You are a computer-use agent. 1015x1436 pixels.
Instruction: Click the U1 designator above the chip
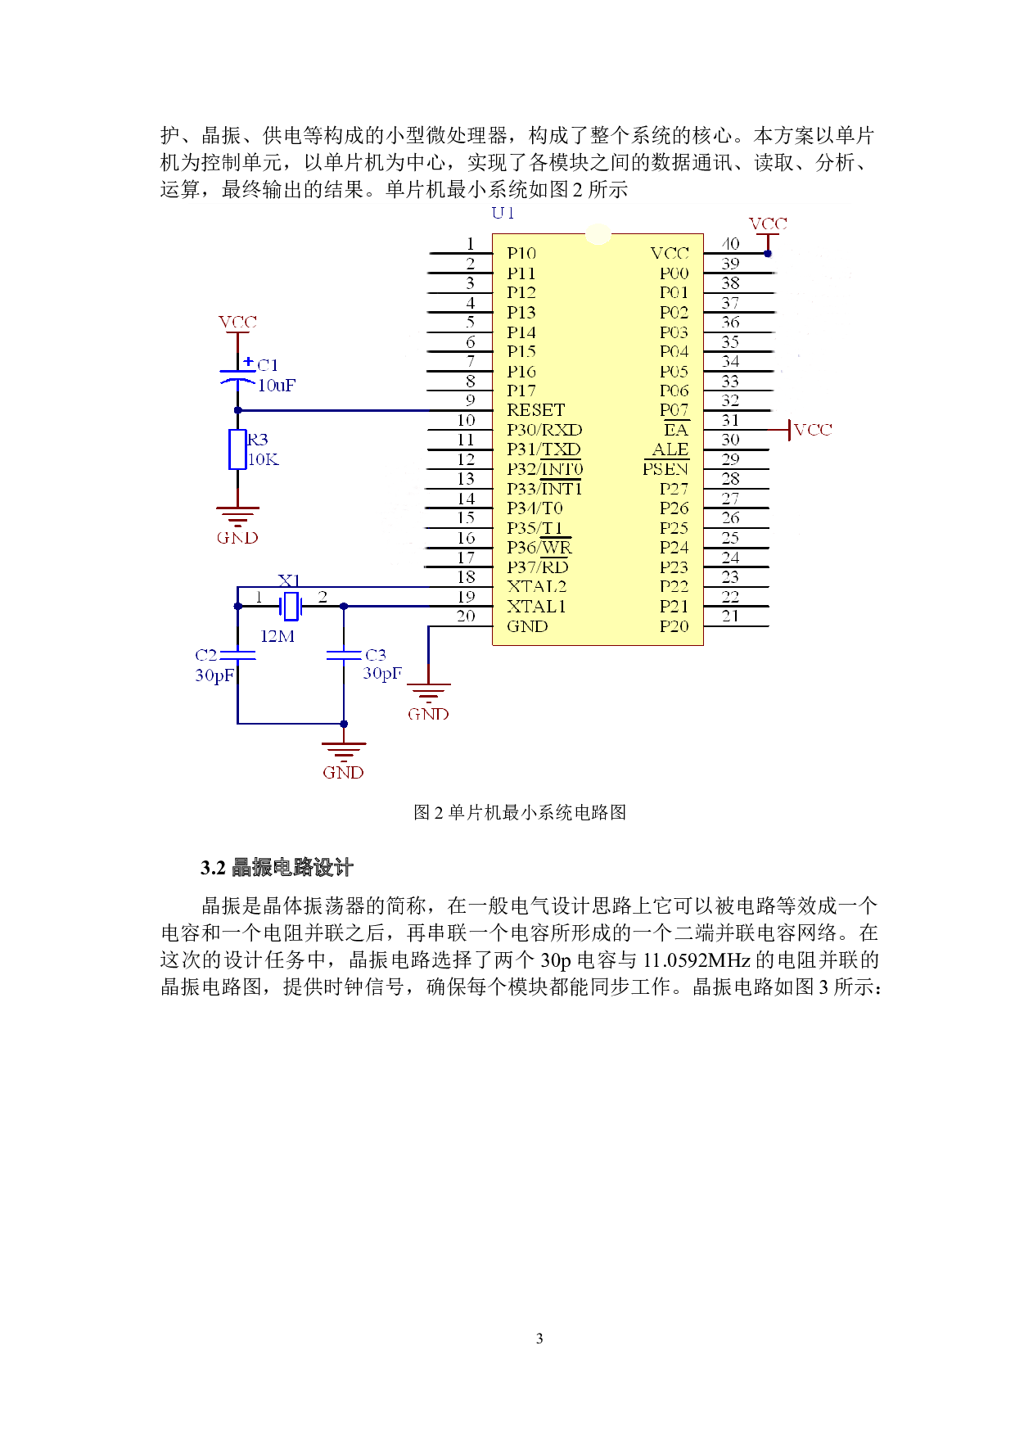pyautogui.click(x=503, y=213)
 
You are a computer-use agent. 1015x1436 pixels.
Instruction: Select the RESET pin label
pyautogui.click(x=535, y=410)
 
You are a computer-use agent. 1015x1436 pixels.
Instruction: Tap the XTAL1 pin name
pyautogui.click(x=536, y=607)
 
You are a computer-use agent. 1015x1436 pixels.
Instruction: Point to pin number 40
pyautogui.click(x=730, y=244)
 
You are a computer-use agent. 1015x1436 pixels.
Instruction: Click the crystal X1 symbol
pyautogui.click(x=290, y=606)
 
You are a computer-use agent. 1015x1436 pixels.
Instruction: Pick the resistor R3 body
pyautogui.click(x=237, y=449)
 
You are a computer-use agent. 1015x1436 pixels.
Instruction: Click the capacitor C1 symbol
pyautogui.click(x=237, y=377)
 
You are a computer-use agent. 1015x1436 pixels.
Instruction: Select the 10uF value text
pyautogui.click(x=277, y=386)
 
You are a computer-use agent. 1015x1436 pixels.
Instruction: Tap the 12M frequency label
pyautogui.click(x=277, y=636)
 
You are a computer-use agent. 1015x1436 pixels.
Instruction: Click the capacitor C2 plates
pyautogui.click(x=237, y=655)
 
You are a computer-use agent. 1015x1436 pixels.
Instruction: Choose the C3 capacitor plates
pyautogui.click(x=344, y=655)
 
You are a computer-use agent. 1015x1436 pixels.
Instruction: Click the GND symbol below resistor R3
pyautogui.click(x=237, y=517)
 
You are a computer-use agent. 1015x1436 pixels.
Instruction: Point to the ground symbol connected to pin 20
pyautogui.click(x=428, y=693)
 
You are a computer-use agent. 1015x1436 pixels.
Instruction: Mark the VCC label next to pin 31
pyautogui.click(x=813, y=430)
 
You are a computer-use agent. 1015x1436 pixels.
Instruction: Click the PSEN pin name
pyautogui.click(x=665, y=469)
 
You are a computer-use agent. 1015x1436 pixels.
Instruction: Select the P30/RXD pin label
pyautogui.click(x=544, y=430)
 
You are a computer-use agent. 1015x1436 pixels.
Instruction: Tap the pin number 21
pyautogui.click(x=730, y=616)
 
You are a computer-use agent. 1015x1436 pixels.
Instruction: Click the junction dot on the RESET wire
pyautogui.click(x=237, y=410)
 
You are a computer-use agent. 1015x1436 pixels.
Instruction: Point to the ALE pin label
pyautogui.click(x=670, y=449)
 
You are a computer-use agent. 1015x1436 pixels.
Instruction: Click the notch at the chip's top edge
pyautogui.click(x=598, y=235)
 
